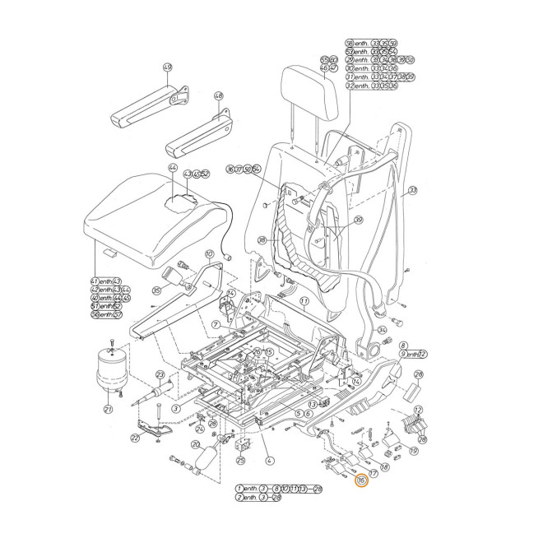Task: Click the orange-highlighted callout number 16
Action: click(360, 481)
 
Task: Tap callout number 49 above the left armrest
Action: click(167, 67)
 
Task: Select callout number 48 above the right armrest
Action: click(219, 96)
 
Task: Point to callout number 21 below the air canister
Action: click(108, 409)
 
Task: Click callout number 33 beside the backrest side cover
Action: click(413, 190)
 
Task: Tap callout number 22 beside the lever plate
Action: click(136, 438)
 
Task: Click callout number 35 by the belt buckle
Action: click(156, 290)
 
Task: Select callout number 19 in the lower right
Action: click(413, 450)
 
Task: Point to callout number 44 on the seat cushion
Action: click(173, 167)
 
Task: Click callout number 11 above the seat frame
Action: click(304, 302)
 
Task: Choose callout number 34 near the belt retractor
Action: click(405, 329)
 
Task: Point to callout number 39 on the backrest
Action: click(358, 220)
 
